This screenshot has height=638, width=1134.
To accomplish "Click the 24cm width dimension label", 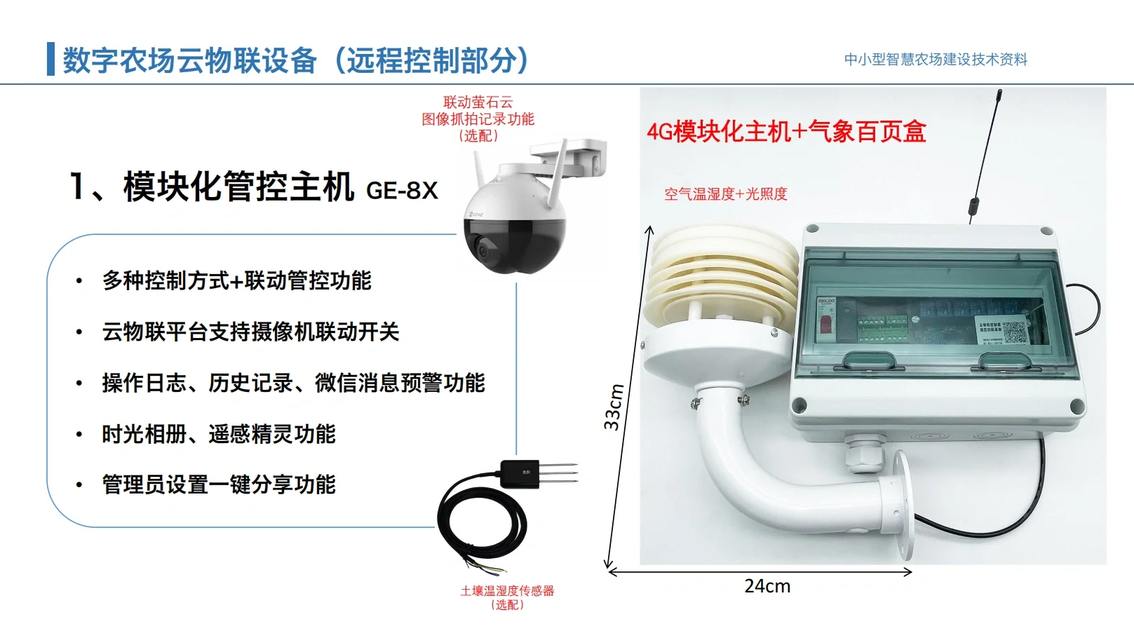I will click(x=767, y=586).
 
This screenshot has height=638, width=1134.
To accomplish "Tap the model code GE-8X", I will click(x=402, y=190).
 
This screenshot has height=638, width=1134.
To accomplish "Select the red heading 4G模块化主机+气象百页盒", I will click(x=786, y=132).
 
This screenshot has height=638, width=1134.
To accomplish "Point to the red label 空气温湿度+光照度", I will click(x=726, y=194).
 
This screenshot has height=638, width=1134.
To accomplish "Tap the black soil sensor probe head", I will click(x=520, y=473).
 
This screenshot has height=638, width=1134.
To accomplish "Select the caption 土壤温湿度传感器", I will click(x=507, y=591).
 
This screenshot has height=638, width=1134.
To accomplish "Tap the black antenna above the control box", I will click(x=986, y=154).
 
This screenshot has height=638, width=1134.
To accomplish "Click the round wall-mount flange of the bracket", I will click(x=904, y=504).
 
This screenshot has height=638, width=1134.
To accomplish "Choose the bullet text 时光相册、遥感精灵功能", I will click(x=219, y=434).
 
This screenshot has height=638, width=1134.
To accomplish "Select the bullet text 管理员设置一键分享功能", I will click(x=219, y=484).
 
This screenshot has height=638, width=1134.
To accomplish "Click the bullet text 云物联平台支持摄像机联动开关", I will click(x=250, y=332).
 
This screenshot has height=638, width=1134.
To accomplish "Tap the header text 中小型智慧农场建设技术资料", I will click(x=936, y=60).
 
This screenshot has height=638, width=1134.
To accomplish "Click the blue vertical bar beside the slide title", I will click(x=50, y=59).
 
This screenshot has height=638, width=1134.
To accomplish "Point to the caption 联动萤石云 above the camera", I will click(x=478, y=102).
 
